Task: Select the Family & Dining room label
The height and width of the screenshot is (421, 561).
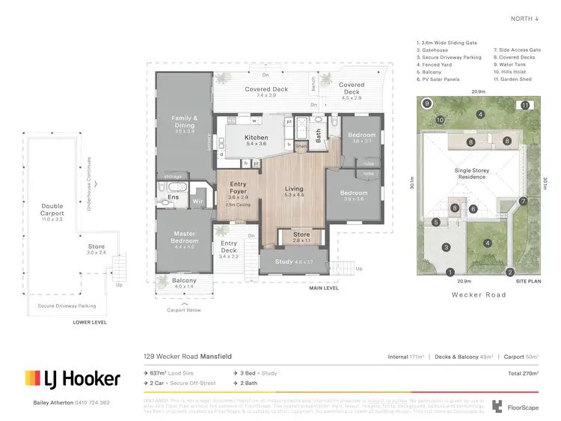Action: pyautogui.click(x=184, y=121)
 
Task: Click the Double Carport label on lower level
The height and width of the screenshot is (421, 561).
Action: pyautogui.click(x=52, y=210)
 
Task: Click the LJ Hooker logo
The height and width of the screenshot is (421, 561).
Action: pyautogui.click(x=73, y=378)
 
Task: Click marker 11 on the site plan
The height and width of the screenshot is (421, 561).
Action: pyautogui.click(x=526, y=106)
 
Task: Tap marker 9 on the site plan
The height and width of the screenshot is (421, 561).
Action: pyautogui.click(x=426, y=103)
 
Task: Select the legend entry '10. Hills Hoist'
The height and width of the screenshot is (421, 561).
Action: pyautogui.click(x=513, y=71)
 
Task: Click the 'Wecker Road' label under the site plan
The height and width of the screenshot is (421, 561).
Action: pyautogui.click(x=479, y=294)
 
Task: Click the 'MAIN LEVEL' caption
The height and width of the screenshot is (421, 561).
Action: pyautogui.click(x=324, y=288)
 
